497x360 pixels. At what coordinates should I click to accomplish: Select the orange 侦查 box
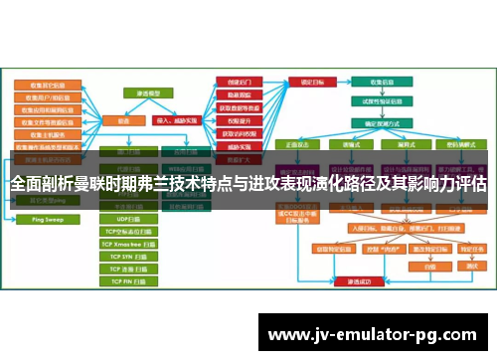pos(125,119)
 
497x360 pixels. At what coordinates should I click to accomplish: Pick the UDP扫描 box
pos(130,218)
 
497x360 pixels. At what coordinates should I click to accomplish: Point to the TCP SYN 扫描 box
pos(130,257)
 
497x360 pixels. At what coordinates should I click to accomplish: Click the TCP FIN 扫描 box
pos(130,282)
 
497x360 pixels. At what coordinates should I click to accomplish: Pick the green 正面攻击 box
pos(297,144)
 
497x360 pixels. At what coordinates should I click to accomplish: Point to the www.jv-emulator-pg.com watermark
pos(372,333)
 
